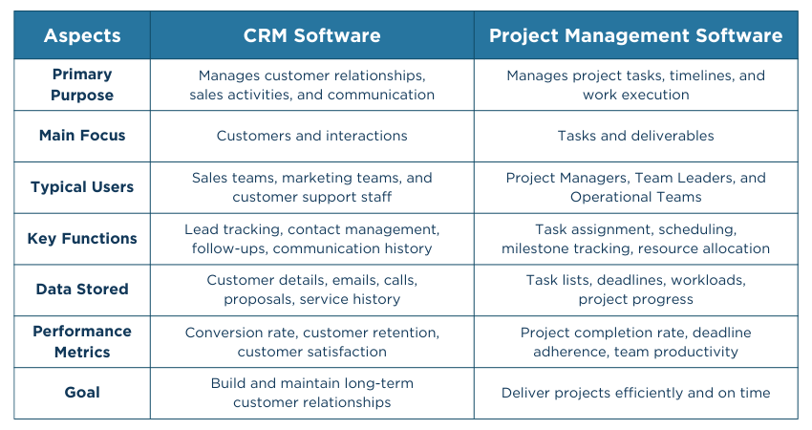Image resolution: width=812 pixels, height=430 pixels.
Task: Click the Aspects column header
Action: coord(82,36)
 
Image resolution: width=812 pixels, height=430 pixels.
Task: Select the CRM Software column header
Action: coord(311,36)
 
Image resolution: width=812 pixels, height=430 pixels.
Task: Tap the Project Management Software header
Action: coord(635,36)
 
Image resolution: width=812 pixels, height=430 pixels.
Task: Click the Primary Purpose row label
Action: coord(82,84)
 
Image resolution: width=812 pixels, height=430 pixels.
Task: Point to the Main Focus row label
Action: coord(82,136)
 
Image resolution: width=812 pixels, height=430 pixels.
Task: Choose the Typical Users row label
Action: coord(82,187)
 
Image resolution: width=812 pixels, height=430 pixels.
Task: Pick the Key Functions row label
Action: coord(82,239)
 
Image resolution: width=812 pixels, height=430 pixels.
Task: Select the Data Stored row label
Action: coord(82,290)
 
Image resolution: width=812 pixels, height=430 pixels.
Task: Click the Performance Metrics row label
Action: coord(82,341)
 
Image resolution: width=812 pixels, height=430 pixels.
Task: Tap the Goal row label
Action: coord(82,393)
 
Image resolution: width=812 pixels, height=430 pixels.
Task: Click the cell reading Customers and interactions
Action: coord(311,136)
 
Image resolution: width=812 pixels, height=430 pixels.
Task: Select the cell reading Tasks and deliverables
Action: coord(635,136)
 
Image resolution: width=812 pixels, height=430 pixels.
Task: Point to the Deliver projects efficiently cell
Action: coord(635,393)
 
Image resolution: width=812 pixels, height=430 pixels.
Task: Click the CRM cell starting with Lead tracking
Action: coord(311,239)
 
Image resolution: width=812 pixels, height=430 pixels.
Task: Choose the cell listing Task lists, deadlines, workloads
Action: coord(635,290)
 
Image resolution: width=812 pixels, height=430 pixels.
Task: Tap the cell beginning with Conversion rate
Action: coord(311,341)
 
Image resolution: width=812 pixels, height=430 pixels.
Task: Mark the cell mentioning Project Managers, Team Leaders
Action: coord(635,187)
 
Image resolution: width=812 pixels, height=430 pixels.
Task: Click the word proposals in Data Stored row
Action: coord(255,300)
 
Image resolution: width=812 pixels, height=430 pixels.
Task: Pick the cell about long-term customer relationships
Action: coord(311,393)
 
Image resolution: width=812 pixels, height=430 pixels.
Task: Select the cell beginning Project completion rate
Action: coord(635,341)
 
